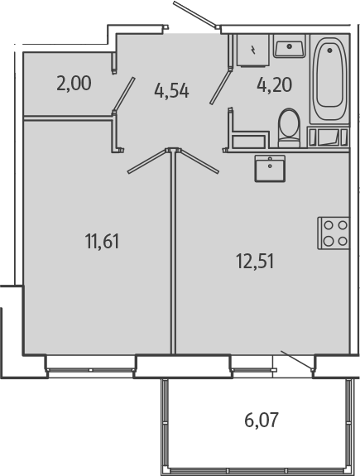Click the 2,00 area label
click(74, 83)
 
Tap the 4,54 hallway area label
click(171, 90)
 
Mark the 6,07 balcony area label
click(261, 420)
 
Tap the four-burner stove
click(334, 233)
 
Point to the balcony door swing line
click(295, 360)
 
